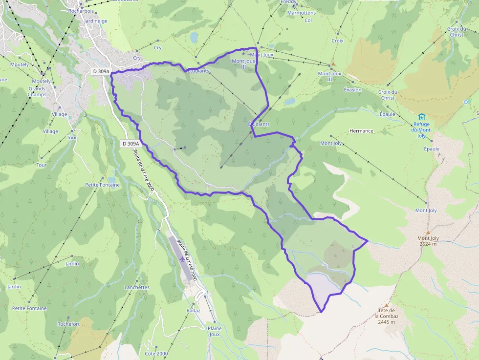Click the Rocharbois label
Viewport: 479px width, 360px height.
pos(81,11)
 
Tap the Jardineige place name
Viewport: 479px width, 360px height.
pos(96,21)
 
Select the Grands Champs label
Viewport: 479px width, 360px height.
pos(37,91)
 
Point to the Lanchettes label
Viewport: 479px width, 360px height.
pos(137,287)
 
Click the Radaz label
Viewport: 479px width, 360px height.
pos(194,311)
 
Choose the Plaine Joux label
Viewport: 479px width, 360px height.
pos(214,331)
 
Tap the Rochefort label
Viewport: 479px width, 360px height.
pos(68,324)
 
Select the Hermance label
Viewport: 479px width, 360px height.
pos(361,131)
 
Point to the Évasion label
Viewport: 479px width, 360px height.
pos(352,89)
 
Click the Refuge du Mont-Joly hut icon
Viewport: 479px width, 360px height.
pos(421,117)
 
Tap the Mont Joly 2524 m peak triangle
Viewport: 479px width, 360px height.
pos(428,233)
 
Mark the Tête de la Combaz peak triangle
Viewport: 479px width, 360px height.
pos(386,304)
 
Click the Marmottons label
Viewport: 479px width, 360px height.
pos(301,13)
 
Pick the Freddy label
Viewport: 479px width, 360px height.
pos(288,2)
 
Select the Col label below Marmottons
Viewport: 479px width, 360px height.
pos(308,21)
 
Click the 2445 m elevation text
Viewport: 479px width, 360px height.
pos(386,322)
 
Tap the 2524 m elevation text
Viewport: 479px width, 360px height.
pos(428,244)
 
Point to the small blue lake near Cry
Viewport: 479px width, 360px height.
pos(194,37)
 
